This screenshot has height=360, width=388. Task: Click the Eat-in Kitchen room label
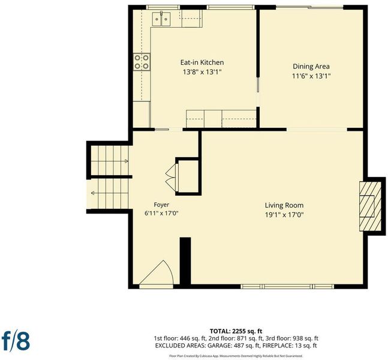(202, 62)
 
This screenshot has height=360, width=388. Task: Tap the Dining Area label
(311, 67)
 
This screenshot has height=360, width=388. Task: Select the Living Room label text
(284, 205)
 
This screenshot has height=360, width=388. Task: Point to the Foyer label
(161, 205)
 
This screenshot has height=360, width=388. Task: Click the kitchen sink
(161, 19)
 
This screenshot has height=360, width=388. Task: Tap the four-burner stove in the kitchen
(142, 62)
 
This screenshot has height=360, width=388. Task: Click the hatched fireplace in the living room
(370, 206)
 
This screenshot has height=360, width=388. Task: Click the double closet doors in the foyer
(172, 178)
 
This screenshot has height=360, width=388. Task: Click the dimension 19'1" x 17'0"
(284, 215)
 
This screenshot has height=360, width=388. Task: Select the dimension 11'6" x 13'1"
(311, 76)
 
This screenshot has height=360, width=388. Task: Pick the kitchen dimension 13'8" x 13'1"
(202, 72)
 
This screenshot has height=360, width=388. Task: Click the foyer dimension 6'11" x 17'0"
(161, 213)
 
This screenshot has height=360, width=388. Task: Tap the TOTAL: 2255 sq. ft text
(236, 331)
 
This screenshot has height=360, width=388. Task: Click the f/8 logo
(16, 341)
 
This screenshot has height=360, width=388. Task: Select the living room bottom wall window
(287, 286)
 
